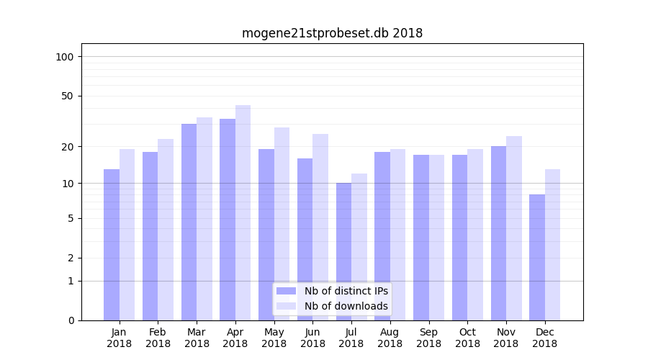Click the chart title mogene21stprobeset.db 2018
(x=332, y=33)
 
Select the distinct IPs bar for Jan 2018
(x=112, y=245)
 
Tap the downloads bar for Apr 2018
(x=243, y=212)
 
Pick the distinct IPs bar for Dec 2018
(x=537, y=257)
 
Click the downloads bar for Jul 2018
(x=359, y=247)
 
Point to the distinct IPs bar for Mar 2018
(x=189, y=222)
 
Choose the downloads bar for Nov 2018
(x=514, y=228)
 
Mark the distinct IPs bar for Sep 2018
(x=421, y=238)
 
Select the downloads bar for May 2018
(x=282, y=224)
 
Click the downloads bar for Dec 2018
(x=552, y=245)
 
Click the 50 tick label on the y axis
(x=68, y=96)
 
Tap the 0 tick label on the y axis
(x=71, y=320)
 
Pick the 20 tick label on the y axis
(x=68, y=147)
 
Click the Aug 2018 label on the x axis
(x=390, y=338)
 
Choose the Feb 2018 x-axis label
(x=158, y=338)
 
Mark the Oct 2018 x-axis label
(x=467, y=338)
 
